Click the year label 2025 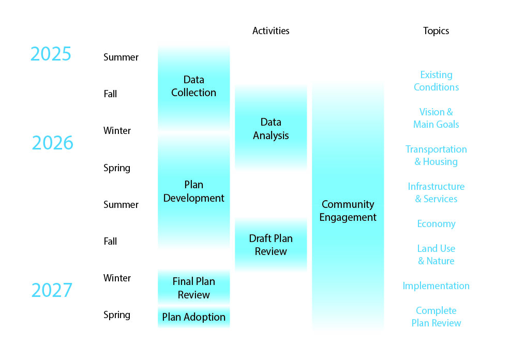pos(51,54)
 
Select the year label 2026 pos(52,143)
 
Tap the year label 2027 pos(52,290)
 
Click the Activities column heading pos(271,31)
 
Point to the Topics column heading pos(436,31)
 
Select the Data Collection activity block pos(193,86)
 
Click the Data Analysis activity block pos(271,129)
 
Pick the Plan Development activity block pos(193,191)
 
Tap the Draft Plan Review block pos(271,245)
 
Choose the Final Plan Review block pos(193,288)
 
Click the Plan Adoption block pos(193,317)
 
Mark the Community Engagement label pos(348,211)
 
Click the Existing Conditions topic pos(436,81)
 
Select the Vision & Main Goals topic pos(436,118)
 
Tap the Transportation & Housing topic pos(436,156)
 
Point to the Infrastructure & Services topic pos(436,193)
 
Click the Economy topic pos(436,224)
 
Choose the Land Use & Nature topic pos(436,255)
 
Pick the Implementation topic pos(436,286)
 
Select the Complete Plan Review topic pos(436,317)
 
